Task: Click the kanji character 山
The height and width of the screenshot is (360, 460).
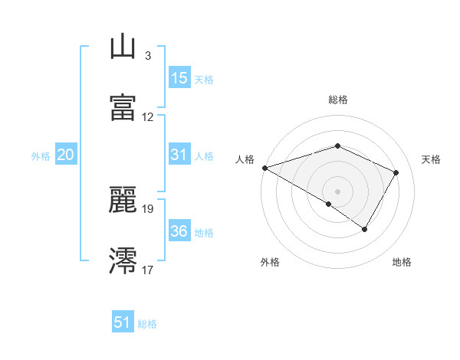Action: point(123,48)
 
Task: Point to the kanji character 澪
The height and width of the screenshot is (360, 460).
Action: point(123,260)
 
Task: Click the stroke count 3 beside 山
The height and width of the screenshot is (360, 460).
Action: point(147,56)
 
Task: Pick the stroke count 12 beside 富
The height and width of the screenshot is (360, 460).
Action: point(148,117)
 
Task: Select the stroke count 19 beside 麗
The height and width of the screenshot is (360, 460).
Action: point(148,208)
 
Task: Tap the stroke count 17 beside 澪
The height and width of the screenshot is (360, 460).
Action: point(148,270)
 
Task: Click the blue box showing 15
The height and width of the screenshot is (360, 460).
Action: point(179,78)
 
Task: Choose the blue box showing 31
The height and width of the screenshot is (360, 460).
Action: point(179,155)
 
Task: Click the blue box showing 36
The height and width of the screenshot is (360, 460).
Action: point(179,231)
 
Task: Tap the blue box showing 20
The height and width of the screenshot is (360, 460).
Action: point(65,155)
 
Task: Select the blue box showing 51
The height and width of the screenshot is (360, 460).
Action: point(123,322)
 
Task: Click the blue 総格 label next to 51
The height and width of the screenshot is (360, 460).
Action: point(147,324)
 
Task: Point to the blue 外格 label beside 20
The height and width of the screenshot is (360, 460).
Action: point(41,156)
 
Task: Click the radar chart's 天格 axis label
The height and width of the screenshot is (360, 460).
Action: point(432,159)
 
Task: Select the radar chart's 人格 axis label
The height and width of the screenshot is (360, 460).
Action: point(245,159)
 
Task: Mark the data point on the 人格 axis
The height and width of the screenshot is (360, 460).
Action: point(264,168)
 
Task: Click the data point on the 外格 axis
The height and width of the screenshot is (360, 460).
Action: point(329,204)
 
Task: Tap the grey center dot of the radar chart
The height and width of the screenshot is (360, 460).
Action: point(337,191)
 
